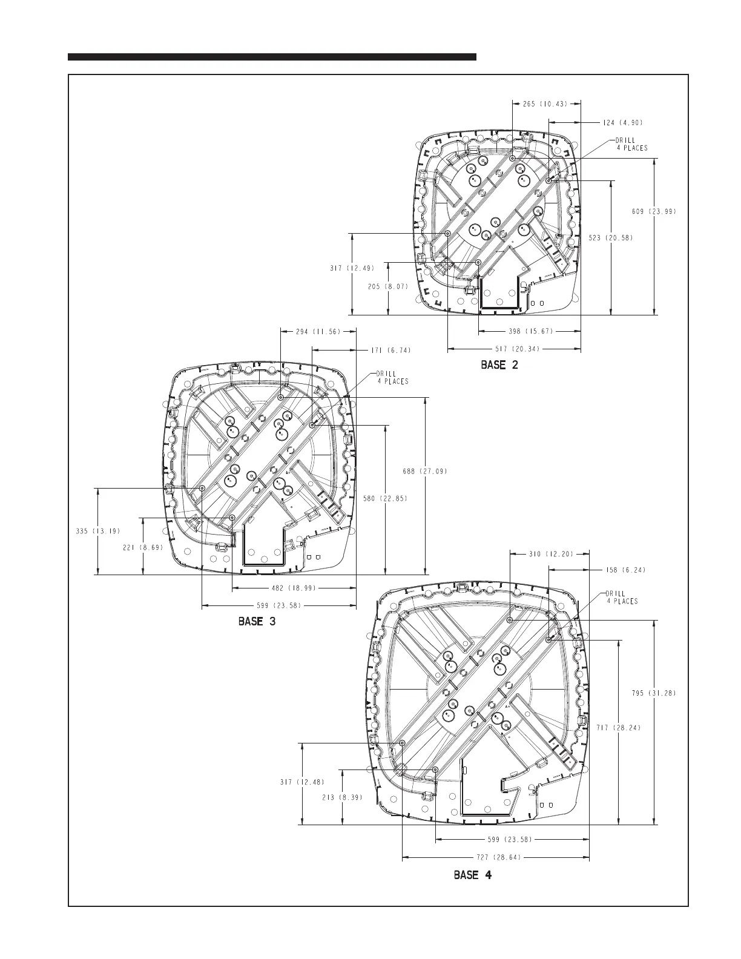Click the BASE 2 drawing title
[499, 365]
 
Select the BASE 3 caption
[257, 622]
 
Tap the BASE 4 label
[473, 875]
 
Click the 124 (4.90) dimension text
[622, 122]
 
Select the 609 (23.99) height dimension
[654, 211]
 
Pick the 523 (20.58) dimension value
[611, 238]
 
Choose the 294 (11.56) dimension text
[318, 331]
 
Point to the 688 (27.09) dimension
[426, 471]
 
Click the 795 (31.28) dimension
[654, 693]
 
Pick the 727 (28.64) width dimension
[495, 857]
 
